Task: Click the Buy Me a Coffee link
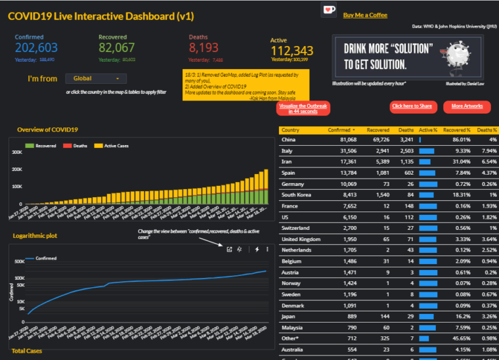pos(365,15)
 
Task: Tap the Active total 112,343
pos(292,51)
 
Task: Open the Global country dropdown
pos(96,78)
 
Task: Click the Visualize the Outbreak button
pos(303,108)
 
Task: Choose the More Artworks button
pos(466,106)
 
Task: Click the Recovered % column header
pos(456,130)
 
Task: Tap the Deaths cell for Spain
pos(406,173)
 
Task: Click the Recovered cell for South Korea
pos(379,195)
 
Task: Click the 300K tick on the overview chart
pos(17,152)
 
